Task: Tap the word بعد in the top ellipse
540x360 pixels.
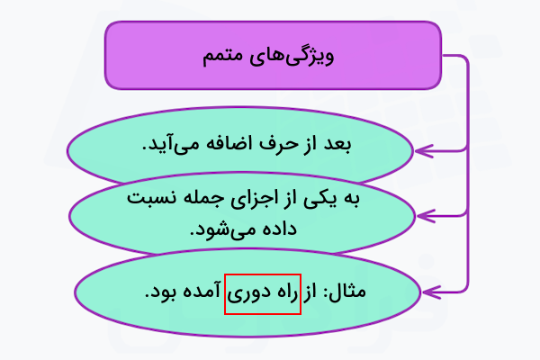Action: pyautogui.click(x=337, y=144)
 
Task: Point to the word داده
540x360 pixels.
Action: pyautogui.click(x=280, y=229)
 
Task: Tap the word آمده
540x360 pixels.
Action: pyautogui.click(x=202, y=292)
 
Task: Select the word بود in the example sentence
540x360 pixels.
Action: pyautogui.click(x=161, y=292)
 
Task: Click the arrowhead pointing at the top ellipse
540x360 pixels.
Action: pyautogui.click(x=424, y=151)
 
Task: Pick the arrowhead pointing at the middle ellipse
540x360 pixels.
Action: pyautogui.click(x=426, y=216)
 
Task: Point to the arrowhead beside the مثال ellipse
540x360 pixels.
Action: pyautogui.click(x=431, y=292)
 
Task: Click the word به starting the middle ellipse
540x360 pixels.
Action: pyautogui.click(x=350, y=199)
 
